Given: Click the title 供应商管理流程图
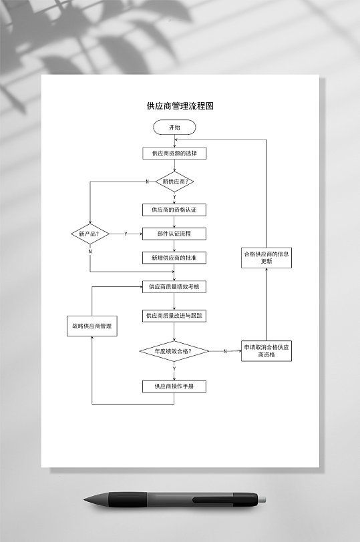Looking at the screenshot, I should pos(180,105).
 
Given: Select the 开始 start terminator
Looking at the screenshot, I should pos(174,127).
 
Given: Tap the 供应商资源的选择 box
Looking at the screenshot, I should pos(174,154).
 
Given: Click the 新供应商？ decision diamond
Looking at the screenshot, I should pos(174,181).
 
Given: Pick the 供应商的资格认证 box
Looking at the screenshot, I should pos(174,210).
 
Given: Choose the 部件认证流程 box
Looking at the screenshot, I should pos(174,234).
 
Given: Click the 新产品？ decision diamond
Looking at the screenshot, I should pos(89,234).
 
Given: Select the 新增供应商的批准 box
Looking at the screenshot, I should pos(174,258).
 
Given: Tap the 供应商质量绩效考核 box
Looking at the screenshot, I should pos(174,287).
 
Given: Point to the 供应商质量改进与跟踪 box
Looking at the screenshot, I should pos(174,315).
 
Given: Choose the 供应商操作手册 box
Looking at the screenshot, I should pos(174,386).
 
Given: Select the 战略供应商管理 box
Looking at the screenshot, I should pos(92,326).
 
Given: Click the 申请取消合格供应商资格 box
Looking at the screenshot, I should pos(266,351).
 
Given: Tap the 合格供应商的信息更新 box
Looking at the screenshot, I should pos(266,258).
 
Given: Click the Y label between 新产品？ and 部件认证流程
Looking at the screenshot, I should pos(126,234).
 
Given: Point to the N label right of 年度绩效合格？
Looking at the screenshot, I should pos(225,351).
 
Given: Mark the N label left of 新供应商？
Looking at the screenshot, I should pos(147,182).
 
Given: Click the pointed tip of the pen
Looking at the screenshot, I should pos(86,499).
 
